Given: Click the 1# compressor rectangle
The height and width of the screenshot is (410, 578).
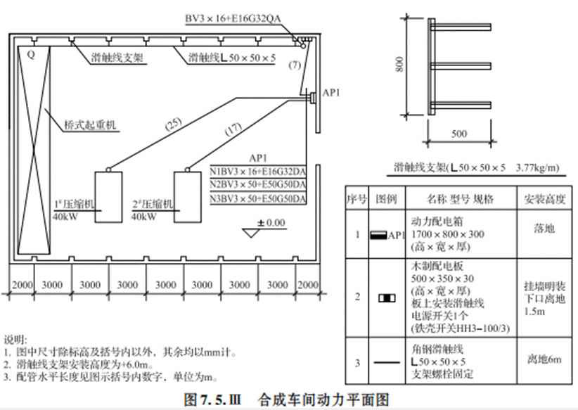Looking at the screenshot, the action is (x=109, y=197).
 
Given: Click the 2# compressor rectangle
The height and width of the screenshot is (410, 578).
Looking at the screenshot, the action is (x=188, y=197).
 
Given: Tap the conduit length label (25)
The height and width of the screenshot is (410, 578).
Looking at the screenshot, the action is (x=173, y=124).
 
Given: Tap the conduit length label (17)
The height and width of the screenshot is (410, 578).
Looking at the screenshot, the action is (x=233, y=129).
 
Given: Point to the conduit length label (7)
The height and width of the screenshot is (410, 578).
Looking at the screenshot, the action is (x=295, y=65).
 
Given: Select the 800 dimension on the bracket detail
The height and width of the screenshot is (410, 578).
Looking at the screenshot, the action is (x=399, y=64).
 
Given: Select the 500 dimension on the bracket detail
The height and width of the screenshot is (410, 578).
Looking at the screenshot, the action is (x=459, y=134).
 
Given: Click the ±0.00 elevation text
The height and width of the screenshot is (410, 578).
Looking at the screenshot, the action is (x=271, y=223).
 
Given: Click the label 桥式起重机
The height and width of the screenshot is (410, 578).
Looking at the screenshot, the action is (x=90, y=125).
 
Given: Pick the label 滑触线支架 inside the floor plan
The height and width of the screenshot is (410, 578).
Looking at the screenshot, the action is (x=117, y=58).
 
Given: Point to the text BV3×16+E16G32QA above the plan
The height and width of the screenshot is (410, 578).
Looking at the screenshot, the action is (x=233, y=18).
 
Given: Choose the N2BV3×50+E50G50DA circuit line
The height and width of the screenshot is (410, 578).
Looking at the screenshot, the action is (x=258, y=184).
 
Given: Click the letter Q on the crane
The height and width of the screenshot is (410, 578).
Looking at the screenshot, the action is (x=32, y=55).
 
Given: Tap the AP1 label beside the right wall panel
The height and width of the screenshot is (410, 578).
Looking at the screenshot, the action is (x=331, y=93).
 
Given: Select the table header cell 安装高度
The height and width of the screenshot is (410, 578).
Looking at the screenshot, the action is (x=544, y=199).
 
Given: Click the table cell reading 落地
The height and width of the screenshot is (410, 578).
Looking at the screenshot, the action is (x=544, y=229).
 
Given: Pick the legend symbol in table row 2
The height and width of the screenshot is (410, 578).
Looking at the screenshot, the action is (x=387, y=297).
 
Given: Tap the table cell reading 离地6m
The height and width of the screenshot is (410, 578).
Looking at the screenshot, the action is (x=544, y=359).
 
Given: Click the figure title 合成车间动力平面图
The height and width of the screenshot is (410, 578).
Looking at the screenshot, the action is (x=324, y=399).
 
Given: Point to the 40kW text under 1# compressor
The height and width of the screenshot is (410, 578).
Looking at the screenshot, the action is (x=65, y=217).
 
